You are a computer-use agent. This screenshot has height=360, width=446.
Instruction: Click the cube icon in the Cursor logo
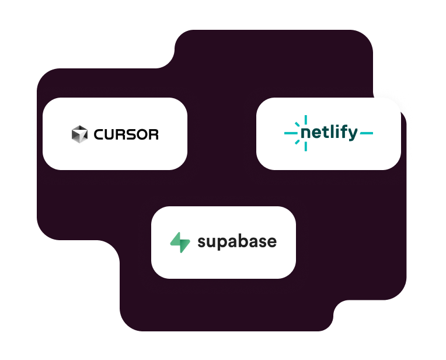click(x=79, y=134)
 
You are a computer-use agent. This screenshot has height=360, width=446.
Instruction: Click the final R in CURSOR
click(x=154, y=134)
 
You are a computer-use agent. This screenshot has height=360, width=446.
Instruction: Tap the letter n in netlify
click(x=306, y=134)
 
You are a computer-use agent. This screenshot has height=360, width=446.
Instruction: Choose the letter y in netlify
click(x=351, y=135)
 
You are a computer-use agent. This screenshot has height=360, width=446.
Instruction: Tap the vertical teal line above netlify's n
click(x=305, y=120)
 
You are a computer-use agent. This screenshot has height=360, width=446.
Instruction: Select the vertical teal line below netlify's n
click(x=305, y=147)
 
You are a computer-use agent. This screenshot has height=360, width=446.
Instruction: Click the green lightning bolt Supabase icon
click(x=180, y=242)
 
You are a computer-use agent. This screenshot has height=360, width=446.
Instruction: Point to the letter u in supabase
click(x=213, y=242)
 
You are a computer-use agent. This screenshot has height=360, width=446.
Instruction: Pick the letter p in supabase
click(x=225, y=243)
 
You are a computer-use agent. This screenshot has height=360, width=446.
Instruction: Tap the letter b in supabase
click(x=248, y=240)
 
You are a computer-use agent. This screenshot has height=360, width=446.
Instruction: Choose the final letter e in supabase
click(x=271, y=242)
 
